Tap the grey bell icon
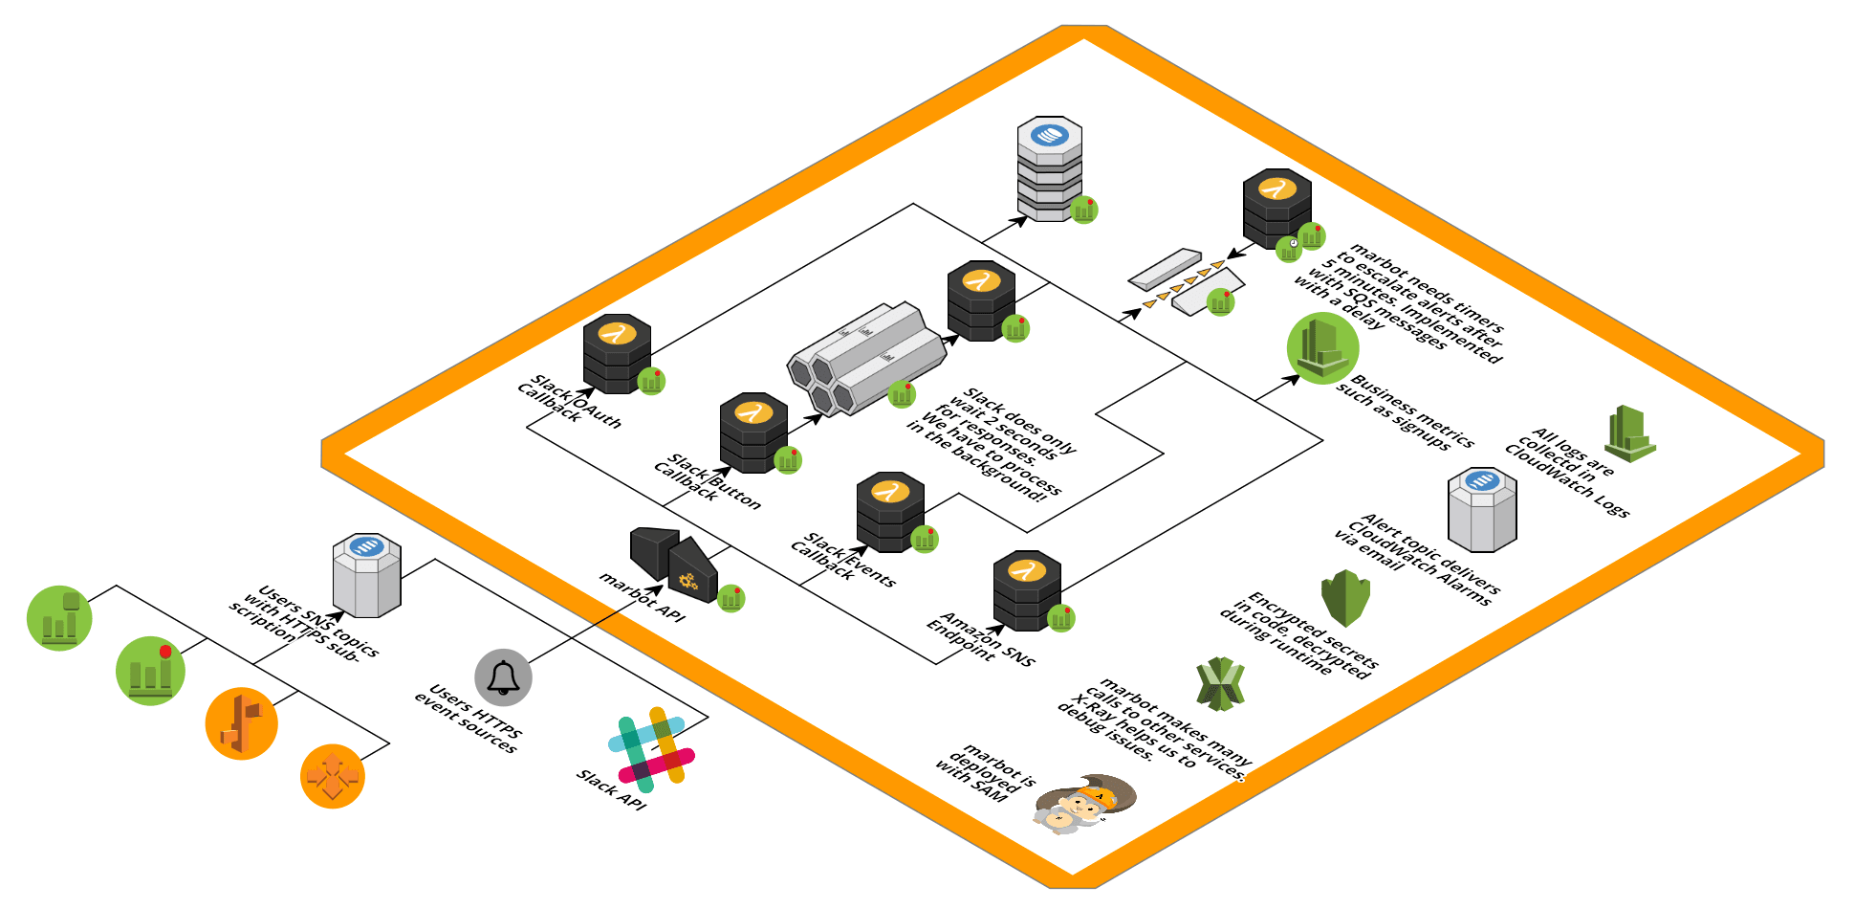coord(503,677)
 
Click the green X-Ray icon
coord(1221,684)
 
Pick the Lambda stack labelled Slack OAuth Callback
coord(618,353)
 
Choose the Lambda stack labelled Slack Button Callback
coord(753,432)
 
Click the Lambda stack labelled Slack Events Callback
coord(890,512)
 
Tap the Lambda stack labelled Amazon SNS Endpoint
coord(1027,590)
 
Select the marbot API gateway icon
coord(674,564)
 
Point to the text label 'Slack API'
coord(612,789)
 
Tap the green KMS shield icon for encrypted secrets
coord(1345,598)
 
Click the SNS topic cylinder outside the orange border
coord(367,575)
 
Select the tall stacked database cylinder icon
coord(1050,169)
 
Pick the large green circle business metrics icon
coord(1323,348)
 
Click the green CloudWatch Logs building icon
coord(1630,433)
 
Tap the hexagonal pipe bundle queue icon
coord(866,359)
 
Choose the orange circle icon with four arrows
coord(333,776)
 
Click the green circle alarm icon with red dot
coord(150,671)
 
